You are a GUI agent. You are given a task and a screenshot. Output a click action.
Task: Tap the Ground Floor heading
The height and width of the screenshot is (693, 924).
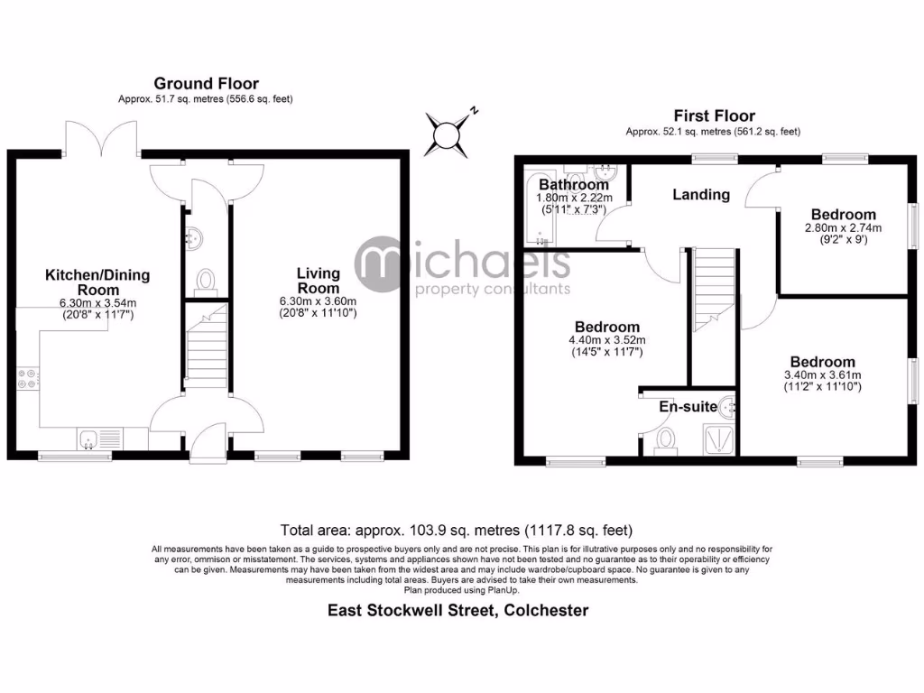tap(206, 84)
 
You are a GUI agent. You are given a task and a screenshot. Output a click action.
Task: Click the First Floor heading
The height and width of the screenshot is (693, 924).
tap(714, 115)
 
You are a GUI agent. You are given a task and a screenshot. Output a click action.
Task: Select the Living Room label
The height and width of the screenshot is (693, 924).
tap(319, 280)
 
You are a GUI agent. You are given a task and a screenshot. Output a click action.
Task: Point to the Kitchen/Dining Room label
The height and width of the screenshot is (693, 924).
tap(97, 282)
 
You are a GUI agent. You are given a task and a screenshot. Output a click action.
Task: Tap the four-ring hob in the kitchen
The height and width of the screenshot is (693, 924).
tap(26, 380)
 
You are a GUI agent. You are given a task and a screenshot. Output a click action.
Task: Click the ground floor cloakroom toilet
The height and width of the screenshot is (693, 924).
tap(205, 280)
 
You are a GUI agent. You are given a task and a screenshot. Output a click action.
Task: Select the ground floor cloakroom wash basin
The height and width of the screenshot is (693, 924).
tap(192, 239)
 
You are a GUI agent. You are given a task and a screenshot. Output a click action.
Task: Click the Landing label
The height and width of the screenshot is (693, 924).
tap(701, 194)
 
